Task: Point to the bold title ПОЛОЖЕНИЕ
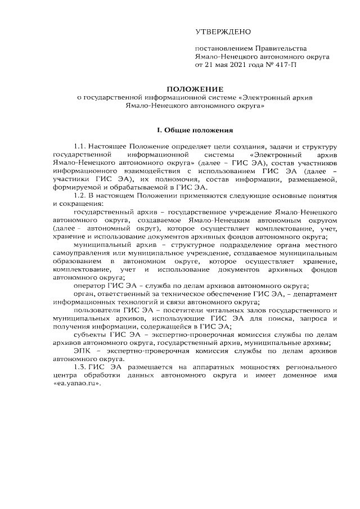pyautogui.click(x=194, y=89)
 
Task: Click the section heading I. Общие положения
pyautogui.click(x=194, y=130)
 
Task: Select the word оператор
pyautogui.click(x=90, y=285)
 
